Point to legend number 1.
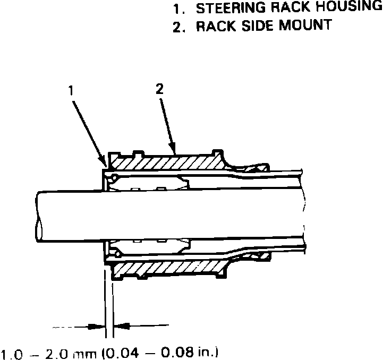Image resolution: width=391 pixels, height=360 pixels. [x=176, y=8]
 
